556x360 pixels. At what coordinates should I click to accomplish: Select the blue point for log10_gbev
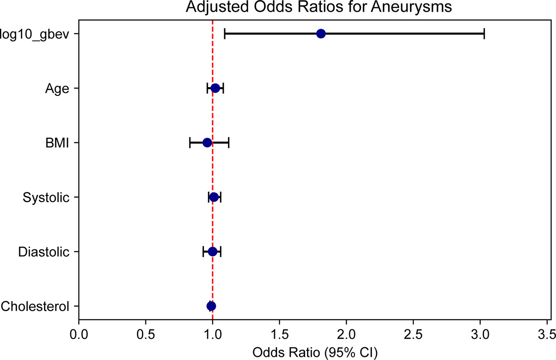pyautogui.click(x=321, y=34)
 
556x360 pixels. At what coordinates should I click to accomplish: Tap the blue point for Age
pyautogui.click(x=215, y=88)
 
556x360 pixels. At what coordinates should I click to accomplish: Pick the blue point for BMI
pyautogui.click(x=207, y=142)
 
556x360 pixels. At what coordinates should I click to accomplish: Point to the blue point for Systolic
pyautogui.click(x=214, y=197)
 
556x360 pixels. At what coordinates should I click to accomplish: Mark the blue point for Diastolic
pyautogui.click(x=213, y=251)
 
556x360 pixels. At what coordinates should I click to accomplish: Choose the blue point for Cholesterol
pyautogui.click(x=211, y=306)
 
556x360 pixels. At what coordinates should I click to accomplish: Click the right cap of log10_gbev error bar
pyautogui.click(x=484, y=34)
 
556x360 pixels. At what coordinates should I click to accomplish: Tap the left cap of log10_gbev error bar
pyautogui.click(x=225, y=34)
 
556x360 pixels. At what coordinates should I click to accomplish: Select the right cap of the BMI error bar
pyautogui.click(x=229, y=142)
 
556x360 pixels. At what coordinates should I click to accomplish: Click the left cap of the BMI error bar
pyautogui.click(x=190, y=142)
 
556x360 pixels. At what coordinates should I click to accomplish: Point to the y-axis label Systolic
pyautogui.click(x=46, y=198)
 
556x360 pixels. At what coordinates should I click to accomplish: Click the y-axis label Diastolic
pyautogui.click(x=44, y=252)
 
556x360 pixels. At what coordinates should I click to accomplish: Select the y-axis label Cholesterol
pyautogui.click(x=35, y=306)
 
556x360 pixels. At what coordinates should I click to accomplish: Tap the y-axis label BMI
pyautogui.click(x=57, y=143)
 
